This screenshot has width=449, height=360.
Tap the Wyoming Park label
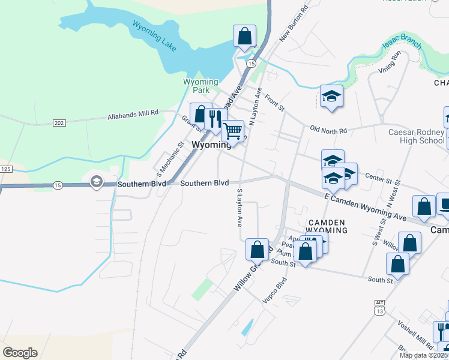(200, 86)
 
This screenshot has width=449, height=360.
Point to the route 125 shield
(5, 170)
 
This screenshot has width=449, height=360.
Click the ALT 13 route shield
(378, 310)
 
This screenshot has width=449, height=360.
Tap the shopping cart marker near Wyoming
(232, 130)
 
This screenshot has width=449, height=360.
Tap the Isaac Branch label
(402, 43)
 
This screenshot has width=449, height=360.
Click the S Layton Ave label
(239, 208)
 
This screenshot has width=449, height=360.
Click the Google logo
(20, 353)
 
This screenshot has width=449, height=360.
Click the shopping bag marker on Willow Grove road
(257, 248)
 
